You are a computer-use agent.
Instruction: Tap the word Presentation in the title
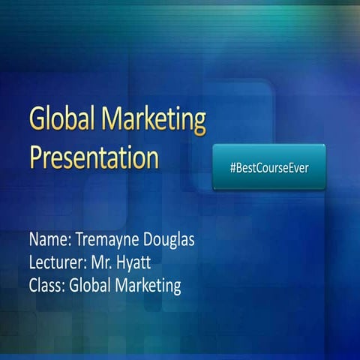click(x=94, y=158)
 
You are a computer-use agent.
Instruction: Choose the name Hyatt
click(x=136, y=264)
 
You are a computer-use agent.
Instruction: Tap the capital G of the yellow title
click(x=37, y=121)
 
